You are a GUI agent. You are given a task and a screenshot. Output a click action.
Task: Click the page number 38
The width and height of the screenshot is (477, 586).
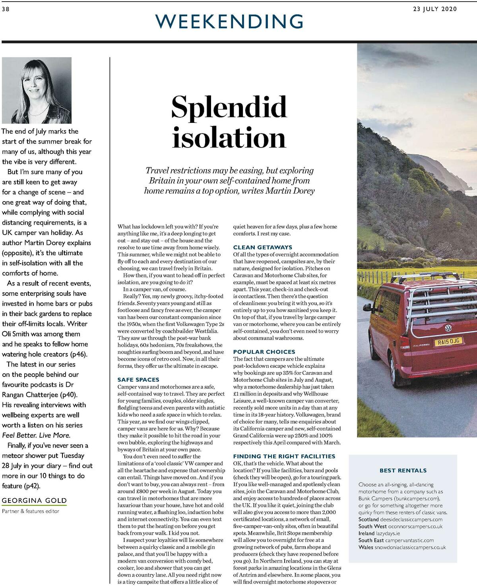click(6, 9)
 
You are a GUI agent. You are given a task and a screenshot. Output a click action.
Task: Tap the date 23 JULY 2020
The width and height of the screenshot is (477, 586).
click(435, 9)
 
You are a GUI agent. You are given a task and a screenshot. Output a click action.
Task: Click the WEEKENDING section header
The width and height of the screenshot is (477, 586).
click(230, 21)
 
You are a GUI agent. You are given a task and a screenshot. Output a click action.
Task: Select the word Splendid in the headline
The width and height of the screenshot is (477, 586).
click(229, 107)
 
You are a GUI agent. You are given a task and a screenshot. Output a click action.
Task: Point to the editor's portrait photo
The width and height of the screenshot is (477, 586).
click(37, 90)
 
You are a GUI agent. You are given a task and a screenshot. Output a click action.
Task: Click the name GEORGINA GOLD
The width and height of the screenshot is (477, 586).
click(34, 501)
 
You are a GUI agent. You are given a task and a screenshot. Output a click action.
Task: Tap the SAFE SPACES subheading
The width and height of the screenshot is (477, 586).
click(138, 380)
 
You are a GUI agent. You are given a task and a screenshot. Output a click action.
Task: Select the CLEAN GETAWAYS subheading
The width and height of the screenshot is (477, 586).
click(262, 247)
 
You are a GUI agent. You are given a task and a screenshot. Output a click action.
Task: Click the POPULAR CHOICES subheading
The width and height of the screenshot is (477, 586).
click(264, 352)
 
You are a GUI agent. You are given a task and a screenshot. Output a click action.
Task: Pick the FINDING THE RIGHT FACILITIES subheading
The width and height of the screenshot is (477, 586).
click(284, 456)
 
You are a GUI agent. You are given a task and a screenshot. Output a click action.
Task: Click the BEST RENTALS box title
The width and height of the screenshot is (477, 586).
click(403, 470)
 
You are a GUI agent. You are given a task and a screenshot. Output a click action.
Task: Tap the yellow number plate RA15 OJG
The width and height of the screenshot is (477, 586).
click(448, 342)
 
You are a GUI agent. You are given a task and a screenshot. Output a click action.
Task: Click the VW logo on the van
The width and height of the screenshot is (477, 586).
click(448, 328)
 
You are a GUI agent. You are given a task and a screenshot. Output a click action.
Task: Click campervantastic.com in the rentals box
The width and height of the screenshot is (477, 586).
click(409, 540)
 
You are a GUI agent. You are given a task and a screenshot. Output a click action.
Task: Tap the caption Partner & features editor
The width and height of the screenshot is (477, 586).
click(31, 511)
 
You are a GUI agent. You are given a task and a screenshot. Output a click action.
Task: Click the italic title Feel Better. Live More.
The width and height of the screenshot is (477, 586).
click(36, 435)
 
